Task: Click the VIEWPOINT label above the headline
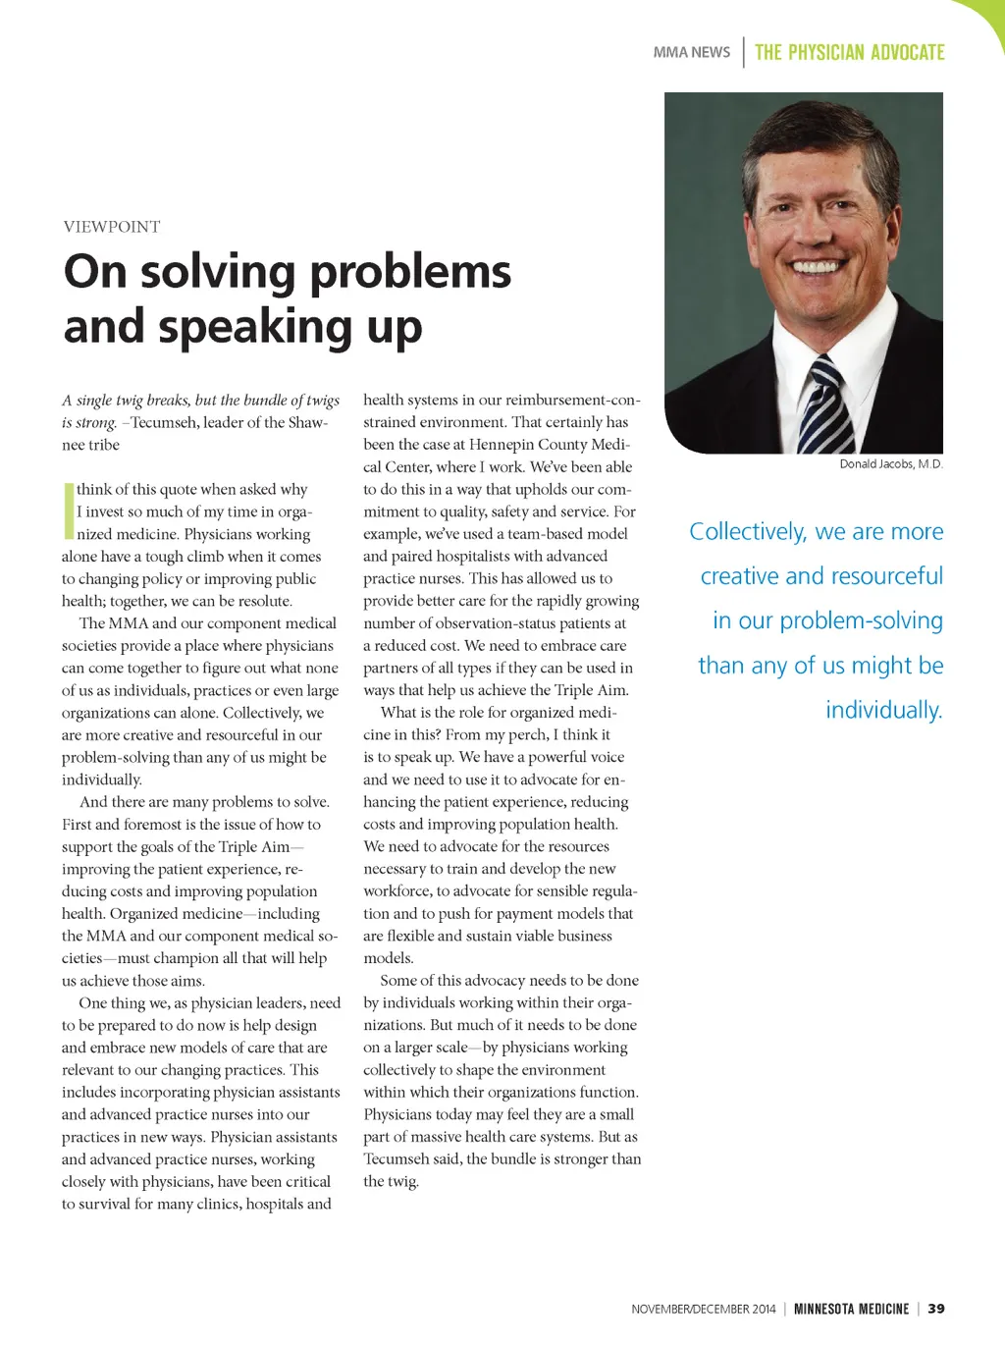(112, 227)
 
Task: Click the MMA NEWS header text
(692, 52)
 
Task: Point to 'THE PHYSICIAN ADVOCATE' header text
(850, 52)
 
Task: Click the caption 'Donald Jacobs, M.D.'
(890, 464)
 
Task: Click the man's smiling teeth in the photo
(817, 266)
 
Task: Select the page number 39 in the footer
(936, 1309)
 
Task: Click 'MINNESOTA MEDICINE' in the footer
(851, 1309)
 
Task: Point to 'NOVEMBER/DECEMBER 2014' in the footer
(703, 1309)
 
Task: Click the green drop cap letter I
(69, 511)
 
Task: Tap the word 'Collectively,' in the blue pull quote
(748, 532)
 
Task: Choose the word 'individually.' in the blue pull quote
(883, 710)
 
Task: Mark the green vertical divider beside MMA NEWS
(744, 52)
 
